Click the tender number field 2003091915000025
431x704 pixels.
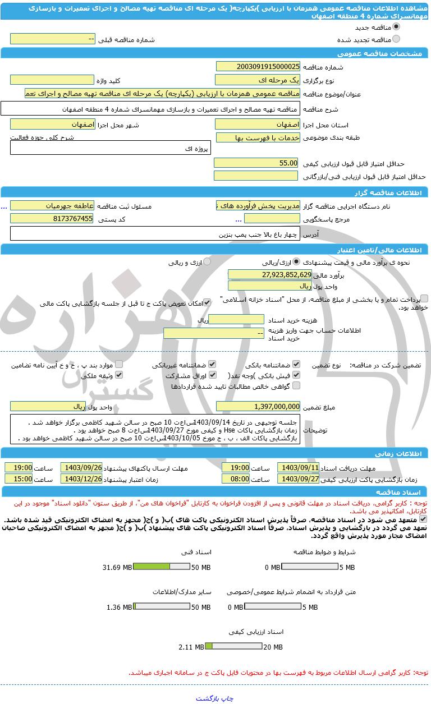coord(258,67)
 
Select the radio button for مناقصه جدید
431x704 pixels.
coord(396,26)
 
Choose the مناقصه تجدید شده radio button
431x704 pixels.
coord(396,39)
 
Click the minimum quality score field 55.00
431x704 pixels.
coord(258,163)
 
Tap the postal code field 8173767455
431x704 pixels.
coord(52,219)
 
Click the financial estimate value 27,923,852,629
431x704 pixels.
coord(269,274)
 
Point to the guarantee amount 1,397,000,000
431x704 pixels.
coord(258,407)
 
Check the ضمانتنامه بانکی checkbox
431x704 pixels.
coord(296,364)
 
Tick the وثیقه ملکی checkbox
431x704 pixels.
coord(118,375)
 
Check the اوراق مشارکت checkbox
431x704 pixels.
coord(212,375)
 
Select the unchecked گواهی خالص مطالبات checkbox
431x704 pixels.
coord(296,386)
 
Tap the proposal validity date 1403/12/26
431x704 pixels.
coord(82,479)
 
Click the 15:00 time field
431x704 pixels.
coord(19,479)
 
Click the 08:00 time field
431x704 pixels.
coord(236,479)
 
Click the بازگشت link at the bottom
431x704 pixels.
coord(208,698)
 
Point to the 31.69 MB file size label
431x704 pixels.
coord(116,568)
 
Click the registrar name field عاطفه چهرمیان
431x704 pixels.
coord(52,206)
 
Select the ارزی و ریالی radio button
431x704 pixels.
coord(207,262)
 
